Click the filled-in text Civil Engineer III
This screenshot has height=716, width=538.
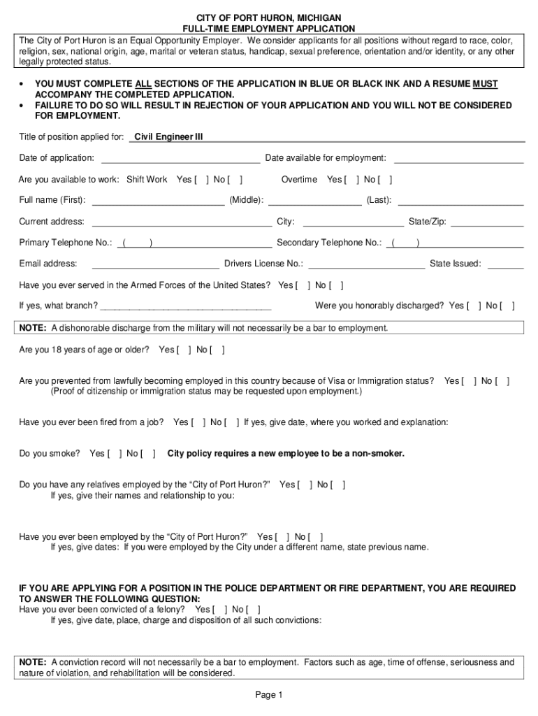(x=168, y=137)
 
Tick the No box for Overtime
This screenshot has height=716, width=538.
(x=386, y=180)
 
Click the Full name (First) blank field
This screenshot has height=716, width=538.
(x=158, y=201)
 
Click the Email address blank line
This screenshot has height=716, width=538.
(x=155, y=264)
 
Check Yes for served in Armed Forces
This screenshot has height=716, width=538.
(x=303, y=286)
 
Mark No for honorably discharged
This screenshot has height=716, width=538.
(x=508, y=306)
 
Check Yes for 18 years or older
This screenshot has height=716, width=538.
(x=184, y=350)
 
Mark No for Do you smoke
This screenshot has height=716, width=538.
(x=148, y=454)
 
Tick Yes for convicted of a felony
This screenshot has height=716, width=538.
(x=220, y=610)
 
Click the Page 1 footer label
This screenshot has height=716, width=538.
(x=268, y=695)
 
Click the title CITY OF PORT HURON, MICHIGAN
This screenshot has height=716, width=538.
(x=268, y=17)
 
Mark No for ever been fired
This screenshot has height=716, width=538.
(x=233, y=422)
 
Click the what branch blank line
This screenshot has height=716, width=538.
(x=186, y=306)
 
